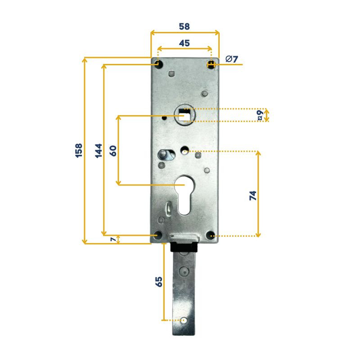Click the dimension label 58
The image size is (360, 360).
[x=184, y=27]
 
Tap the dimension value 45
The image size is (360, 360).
[x=184, y=43]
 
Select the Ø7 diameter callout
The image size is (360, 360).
[x=231, y=59]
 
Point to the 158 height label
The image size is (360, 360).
[x=78, y=150]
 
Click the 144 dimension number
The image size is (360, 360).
[x=98, y=150]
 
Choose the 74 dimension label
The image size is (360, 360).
[x=252, y=195]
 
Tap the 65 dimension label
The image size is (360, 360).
[x=158, y=282]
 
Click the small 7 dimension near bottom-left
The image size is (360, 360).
[x=112, y=239]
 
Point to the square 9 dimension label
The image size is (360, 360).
[x=260, y=115]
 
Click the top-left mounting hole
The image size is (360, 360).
[x=158, y=64]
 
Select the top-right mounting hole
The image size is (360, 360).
[x=211, y=64]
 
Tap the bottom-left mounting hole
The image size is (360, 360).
[x=157, y=235]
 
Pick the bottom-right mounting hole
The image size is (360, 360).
[x=210, y=235]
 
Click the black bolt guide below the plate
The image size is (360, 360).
[x=184, y=247]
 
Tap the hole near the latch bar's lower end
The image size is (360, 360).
[x=184, y=320]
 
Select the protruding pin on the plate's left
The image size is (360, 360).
[x=161, y=154]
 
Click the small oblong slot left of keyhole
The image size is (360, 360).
[x=168, y=209]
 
